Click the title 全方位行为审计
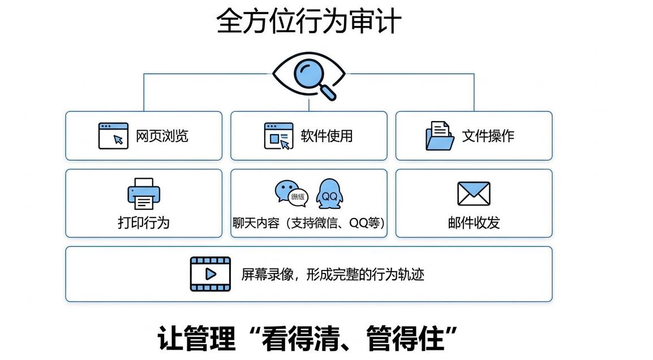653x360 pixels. (x=309, y=22)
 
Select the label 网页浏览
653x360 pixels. (x=162, y=136)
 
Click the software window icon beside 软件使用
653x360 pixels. (x=279, y=136)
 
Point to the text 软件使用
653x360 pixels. (x=326, y=136)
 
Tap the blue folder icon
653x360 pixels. (x=440, y=136)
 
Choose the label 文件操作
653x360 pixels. (x=488, y=136)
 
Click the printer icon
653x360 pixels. (x=144, y=194)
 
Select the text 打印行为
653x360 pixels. (x=144, y=222)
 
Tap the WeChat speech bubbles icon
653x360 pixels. (x=291, y=192)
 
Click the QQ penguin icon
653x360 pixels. (x=329, y=192)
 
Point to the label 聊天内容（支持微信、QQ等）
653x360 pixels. (x=309, y=222)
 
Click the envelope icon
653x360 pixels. (x=474, y=194)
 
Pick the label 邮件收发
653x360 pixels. (x=474, y=222)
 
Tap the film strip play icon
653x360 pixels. (x=210, y=274)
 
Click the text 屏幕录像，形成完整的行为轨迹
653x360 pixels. (x=333, y=275)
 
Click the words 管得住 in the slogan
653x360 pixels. (x=404, y=338)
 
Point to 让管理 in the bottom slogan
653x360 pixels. (x=196, y=338)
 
